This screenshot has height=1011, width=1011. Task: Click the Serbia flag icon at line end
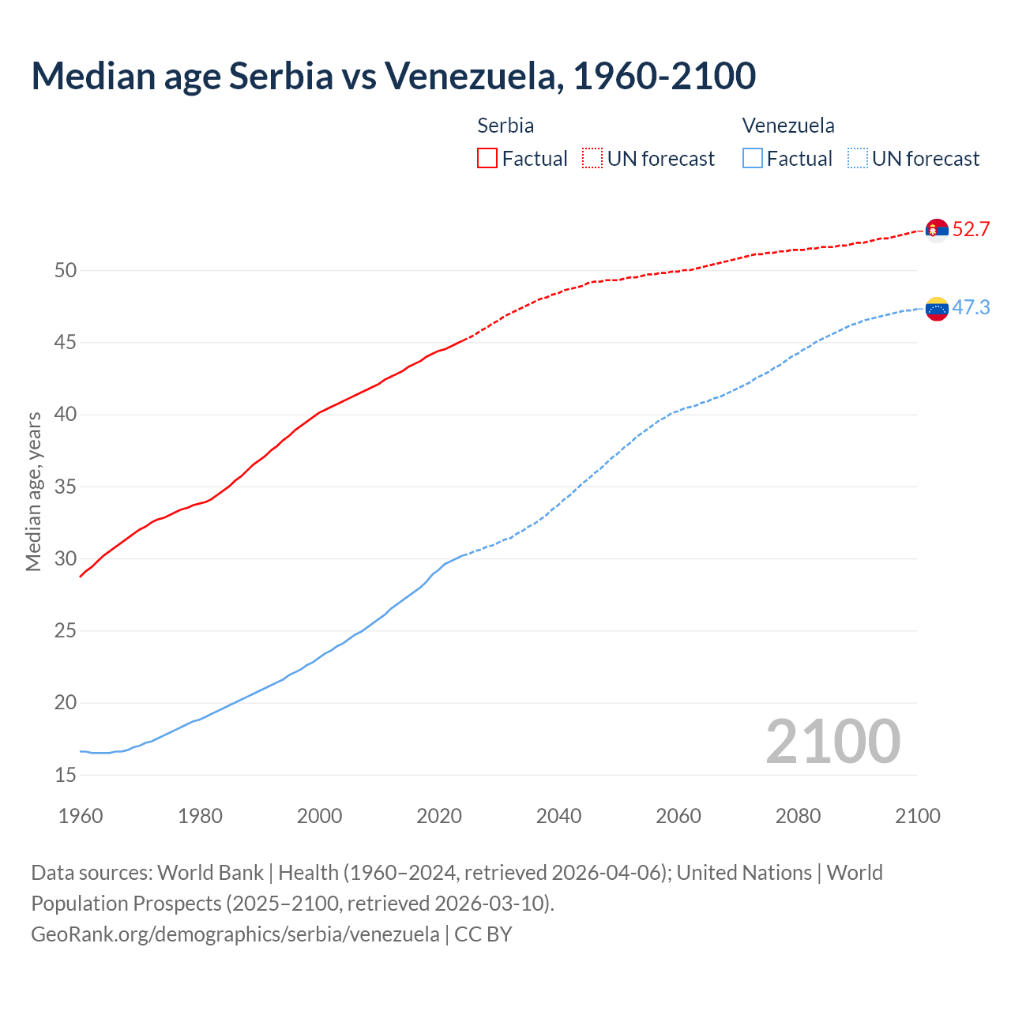click(937, 230)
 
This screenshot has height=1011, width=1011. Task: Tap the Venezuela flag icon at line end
click(937, 308)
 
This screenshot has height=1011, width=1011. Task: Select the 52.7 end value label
click(971, 230)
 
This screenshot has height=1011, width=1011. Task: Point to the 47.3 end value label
click(971, 307)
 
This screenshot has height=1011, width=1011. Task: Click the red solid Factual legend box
click(487, 159)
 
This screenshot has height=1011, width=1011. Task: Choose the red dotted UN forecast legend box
click(592, 159)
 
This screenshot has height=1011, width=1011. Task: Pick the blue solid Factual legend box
click(753, 159)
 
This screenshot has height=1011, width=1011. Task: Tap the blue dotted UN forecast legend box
click(858, 159)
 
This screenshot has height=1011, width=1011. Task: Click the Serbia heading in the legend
click(505, 126)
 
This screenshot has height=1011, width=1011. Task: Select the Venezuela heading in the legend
click(788, 126)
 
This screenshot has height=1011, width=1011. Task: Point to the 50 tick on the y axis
click(66, 270)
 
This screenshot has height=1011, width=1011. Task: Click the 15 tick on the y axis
click(66, 775)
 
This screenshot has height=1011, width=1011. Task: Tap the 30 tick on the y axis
click(66, 558)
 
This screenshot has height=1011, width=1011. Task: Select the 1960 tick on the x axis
click(81, 816)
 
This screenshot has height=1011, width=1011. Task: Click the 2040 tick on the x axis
click(558, 816)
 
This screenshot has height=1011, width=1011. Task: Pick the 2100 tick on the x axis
click(917, 816)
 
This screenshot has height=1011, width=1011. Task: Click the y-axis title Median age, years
click(33, 491)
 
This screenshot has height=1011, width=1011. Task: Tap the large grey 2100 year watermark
click(833, 742)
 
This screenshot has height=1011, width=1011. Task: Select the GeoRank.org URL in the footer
click(235, 934)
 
